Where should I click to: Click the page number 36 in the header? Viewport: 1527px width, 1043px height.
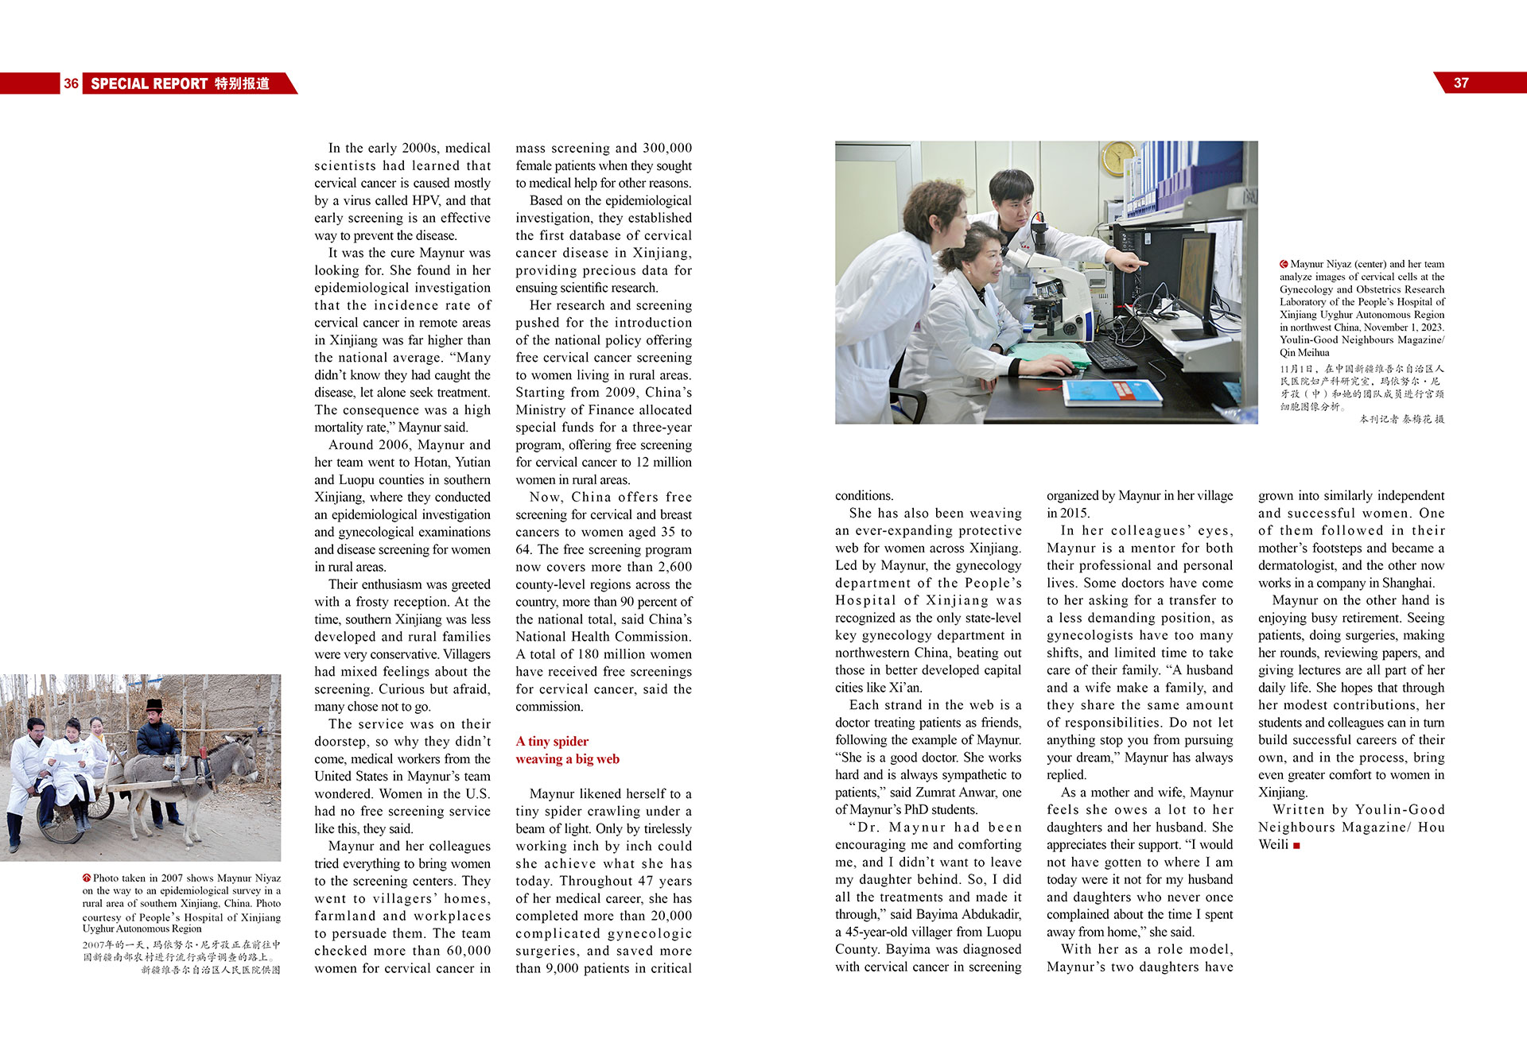pyautogui.click(x=71, y=83)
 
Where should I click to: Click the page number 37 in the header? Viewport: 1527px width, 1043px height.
pyautogui.click(x=1461, y=83)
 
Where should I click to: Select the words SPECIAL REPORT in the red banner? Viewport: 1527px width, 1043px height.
pyautogui.click(x=149, y=83)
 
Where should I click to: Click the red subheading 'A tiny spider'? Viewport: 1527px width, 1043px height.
pyautogui.click(x=552, y=741)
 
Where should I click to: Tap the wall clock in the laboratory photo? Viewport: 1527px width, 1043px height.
pyautogui.click(x=1119, y=157)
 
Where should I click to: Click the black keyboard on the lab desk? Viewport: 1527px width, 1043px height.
pyautogui.click(x=1110, y=355)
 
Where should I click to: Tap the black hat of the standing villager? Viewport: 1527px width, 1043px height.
pyautogui.click(x=154, y=705)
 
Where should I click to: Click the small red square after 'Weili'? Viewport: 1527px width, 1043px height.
pyautogui.click(x=1296, y=845)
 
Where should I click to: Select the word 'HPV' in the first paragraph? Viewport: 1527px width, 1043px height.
pyautogui.click(x=425, y=200)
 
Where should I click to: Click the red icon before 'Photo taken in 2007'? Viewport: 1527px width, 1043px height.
pyautogui.click(x=87, y=878)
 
